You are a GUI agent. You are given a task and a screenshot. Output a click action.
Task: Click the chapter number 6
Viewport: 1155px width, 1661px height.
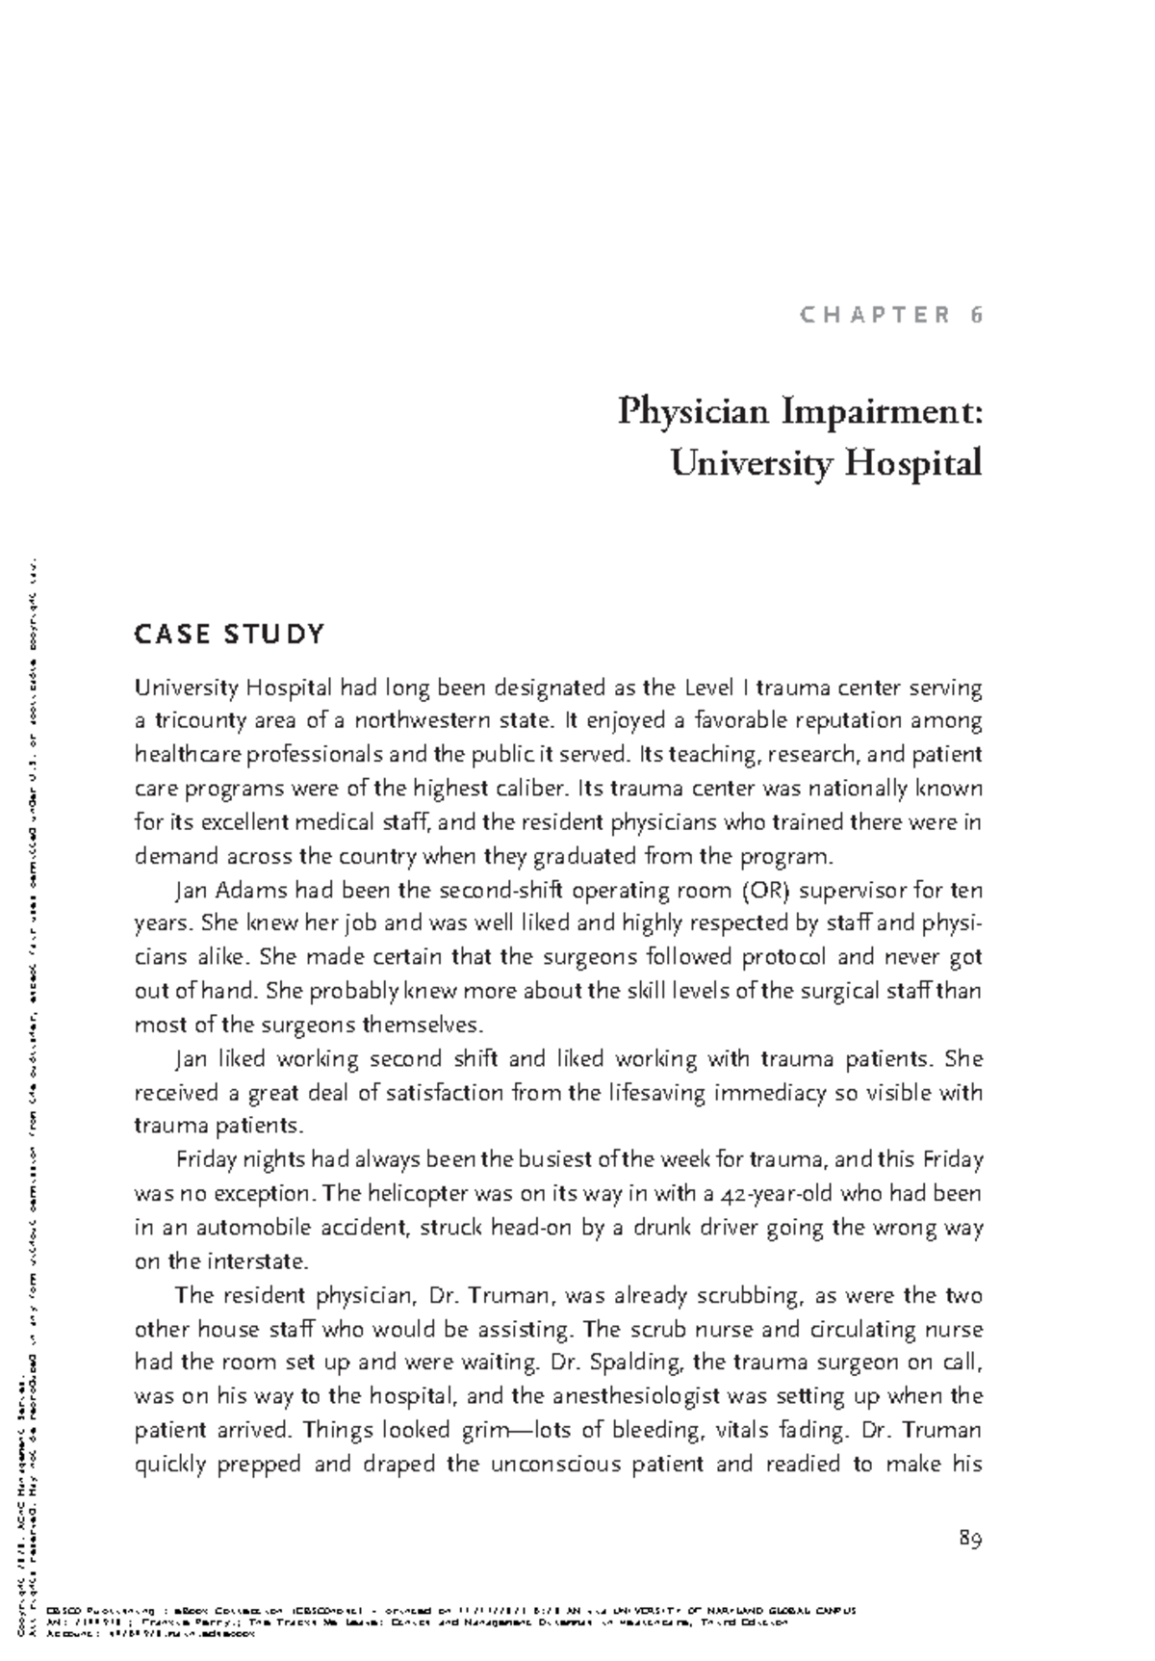(x=976, y=315)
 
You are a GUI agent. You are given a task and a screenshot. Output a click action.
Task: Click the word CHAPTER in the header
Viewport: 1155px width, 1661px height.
(x=874, y=315)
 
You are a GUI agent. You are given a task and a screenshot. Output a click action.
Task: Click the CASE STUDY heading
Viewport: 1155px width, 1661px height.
(x=229, y=635)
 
